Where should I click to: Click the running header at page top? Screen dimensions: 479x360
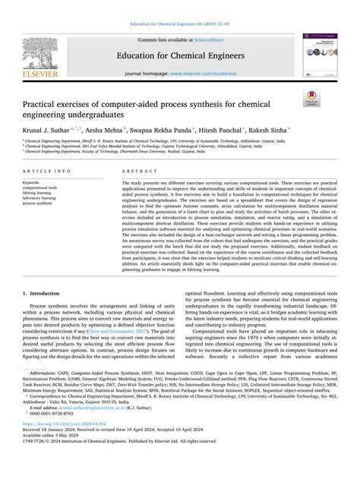[x=179, y=6]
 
